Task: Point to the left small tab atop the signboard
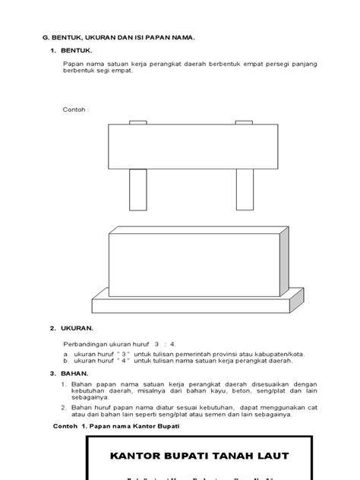(x=138, y=122)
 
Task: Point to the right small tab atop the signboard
(x=244, y=122)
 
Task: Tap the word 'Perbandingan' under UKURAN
(x=82, y=343)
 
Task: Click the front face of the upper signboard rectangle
(x=191, y=146)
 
